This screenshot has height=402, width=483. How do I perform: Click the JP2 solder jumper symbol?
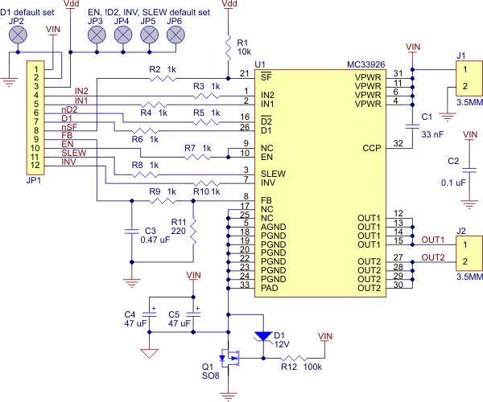(18, 35)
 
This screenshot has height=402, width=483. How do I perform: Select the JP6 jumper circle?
(175, 35)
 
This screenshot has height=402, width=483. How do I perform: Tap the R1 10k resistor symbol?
(229, 48)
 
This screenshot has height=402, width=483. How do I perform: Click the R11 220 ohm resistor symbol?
(193, 232)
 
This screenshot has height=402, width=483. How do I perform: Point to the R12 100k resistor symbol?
(294, 358)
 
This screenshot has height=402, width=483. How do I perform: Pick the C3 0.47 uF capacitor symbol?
(132, 232)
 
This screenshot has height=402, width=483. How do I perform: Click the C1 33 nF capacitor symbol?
(412, 126)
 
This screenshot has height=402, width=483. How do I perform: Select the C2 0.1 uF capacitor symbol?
(469, 170)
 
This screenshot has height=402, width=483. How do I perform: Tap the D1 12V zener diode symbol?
(263, 337)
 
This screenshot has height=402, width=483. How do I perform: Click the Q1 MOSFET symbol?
(229, 358)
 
